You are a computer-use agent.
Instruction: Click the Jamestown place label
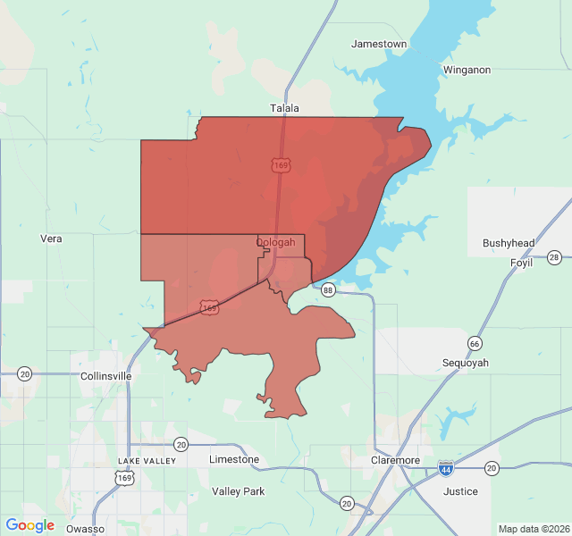tap(379, 44)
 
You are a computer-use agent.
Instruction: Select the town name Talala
tap(285, 108)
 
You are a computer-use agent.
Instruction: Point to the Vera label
tap(51, 239)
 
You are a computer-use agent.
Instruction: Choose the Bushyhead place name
tap(509, 243)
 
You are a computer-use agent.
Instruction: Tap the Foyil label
tap(521, 263)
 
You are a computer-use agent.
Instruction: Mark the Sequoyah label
tap(466, 363)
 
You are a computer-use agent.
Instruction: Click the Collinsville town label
tap(106, 376)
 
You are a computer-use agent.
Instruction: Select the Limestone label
tap(234, 459)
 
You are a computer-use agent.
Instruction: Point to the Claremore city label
tap(396, 460)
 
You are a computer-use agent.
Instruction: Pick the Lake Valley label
tap(141, 461)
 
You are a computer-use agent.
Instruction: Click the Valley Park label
tap(239, 491)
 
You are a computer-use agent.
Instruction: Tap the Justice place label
tap(460, 491)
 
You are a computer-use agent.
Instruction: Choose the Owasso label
tap(85, 529)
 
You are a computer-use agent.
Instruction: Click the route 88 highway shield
tap(328, 289)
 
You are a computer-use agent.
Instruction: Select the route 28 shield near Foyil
tap(554, 258)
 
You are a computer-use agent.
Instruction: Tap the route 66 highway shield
tap(474, 343)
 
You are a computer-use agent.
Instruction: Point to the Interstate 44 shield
tap(446, 468)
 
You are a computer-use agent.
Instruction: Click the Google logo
tap(30, 525)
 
